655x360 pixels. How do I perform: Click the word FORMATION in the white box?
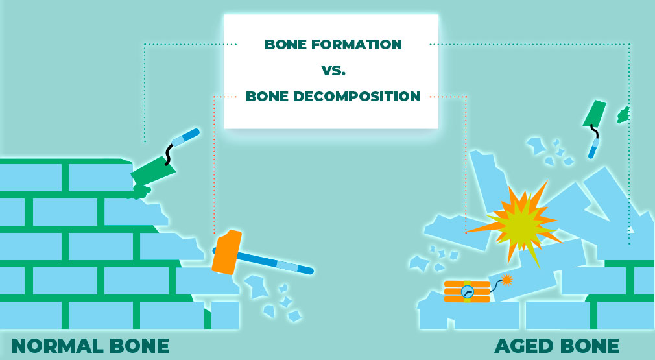pos(356,44)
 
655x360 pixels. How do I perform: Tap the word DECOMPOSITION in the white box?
pos(357,96)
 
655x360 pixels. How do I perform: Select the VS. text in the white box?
pos(333,70)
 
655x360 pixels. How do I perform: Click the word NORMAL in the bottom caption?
pos(57,346)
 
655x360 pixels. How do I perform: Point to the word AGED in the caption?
pos(523,346)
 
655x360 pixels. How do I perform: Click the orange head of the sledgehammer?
pos(227,252)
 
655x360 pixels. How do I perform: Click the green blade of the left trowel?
pos(153,171)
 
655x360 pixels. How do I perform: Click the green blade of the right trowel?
pos(595,113)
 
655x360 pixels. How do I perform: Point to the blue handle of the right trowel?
pos(593,149)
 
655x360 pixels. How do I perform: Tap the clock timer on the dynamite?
pos(468,291)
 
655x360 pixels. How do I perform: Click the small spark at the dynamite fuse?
pos(506,280)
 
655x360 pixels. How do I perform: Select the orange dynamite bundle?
pos(468,291)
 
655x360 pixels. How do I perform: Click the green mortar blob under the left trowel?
pos(140,192)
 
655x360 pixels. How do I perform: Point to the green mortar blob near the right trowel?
pos(623,115)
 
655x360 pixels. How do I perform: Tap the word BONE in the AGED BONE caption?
pos(589,346)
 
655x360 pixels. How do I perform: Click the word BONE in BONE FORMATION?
pos(286,44)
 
